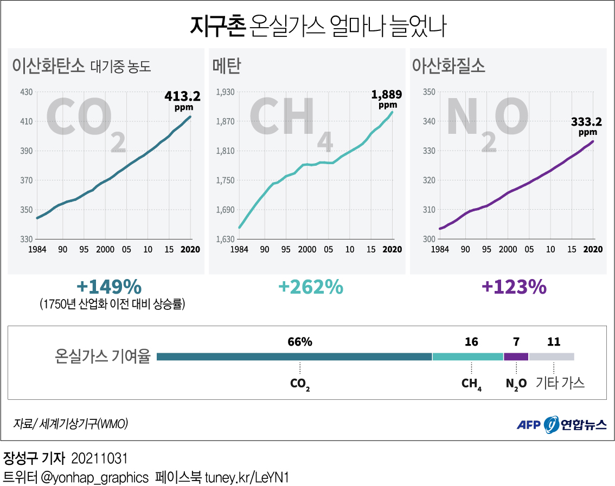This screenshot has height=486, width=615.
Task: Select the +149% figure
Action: point(110,287)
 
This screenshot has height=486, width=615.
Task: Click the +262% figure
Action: point(310,287)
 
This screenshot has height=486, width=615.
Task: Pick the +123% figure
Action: point(514,287)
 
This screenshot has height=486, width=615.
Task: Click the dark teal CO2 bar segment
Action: point(294,357)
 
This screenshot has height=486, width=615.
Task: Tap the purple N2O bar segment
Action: point(516,357)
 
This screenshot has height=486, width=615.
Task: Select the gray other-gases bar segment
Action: point(551,357)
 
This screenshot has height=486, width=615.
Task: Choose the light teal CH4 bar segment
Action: point(467,357)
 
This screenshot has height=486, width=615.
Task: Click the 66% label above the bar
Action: point(300,342)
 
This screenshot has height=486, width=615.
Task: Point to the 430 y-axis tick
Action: point(27,92)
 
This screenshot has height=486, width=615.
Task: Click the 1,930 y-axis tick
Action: point(225,92)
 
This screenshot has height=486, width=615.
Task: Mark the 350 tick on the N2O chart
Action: point(429,92)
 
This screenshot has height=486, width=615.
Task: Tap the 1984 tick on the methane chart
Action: point(239,250)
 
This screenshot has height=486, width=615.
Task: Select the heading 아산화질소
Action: point(449,66)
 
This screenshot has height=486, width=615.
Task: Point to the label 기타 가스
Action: point(560,383)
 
